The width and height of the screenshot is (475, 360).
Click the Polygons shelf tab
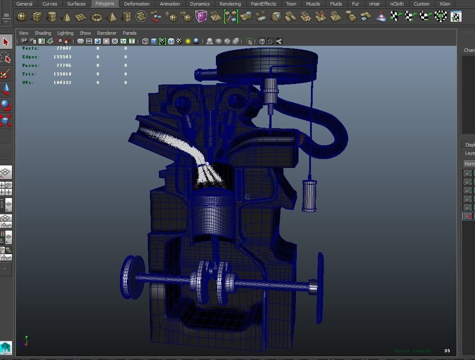tap(105, 3)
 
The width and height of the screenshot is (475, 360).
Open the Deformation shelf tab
tap(137, 4)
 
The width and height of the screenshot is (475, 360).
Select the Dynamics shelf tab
tap(200, 4)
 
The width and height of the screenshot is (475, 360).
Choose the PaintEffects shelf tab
tap(263, 4)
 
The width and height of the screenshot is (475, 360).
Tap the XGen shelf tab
tap(445, 4)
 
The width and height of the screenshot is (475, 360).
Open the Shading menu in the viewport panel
tap(42, 33)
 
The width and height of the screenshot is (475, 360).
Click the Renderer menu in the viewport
tap(107, 33)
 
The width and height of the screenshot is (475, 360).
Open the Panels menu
tap(129, 33)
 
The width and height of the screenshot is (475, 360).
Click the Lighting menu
tap(65, 33)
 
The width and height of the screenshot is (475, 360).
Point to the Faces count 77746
tap(64, 66)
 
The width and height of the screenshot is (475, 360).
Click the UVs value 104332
tap(63, 83)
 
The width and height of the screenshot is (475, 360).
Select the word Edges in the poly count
tap(30, 57)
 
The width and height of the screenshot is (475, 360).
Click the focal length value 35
tap(447, 351)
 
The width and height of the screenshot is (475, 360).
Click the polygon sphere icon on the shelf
tap(22, 17)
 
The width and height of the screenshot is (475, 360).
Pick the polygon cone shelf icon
tap(66, 17)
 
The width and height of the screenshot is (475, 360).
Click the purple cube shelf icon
tap(201, 17)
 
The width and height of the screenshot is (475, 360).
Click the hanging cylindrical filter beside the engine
tap(309, 195)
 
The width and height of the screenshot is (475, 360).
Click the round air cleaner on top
tap(266, 64)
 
